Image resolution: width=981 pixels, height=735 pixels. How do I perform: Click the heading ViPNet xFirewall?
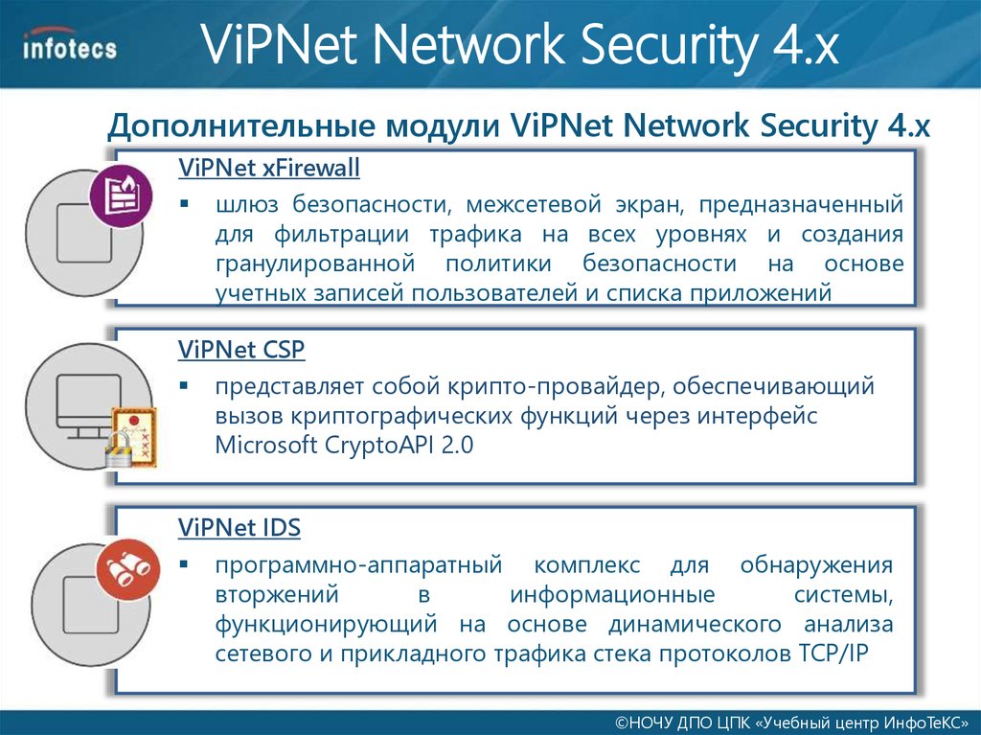[268, 169]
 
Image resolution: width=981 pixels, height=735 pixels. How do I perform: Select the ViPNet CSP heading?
[241, 351]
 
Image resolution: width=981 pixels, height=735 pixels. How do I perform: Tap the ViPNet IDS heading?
[240, 528]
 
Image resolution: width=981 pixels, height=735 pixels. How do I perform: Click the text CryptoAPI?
[375, 446]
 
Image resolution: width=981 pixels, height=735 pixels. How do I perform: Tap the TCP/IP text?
[833, 655]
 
